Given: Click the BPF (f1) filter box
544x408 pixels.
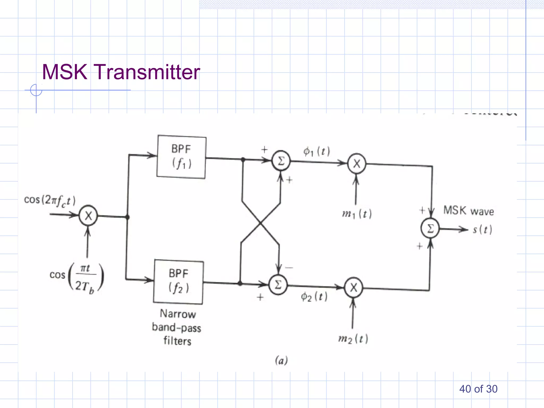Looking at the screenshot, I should pos(181,157).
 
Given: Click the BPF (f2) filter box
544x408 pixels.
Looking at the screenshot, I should pos(178,282).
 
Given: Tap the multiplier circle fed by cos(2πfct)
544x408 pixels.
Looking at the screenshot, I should pos(88,216).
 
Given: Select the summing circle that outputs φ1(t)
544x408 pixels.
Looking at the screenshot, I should pos(281,161).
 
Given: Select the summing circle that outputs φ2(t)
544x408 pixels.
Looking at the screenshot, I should pos(278,285).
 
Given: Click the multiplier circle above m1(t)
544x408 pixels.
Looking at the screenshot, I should pos(356,164).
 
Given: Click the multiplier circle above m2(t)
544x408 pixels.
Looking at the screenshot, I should pos(353,288).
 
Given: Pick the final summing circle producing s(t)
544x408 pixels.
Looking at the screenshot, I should pos(430,228).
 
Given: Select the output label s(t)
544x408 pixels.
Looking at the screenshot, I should pos(482,229).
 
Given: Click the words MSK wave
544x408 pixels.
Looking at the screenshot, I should pos(469,211).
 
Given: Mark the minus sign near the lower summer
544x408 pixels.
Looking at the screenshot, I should pos(289,267).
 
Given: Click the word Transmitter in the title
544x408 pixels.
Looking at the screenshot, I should pos(147,72).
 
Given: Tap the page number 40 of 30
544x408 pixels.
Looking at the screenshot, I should pos(478,389).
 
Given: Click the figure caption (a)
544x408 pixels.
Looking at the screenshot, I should pos(281,360).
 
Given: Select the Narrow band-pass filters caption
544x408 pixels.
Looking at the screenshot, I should pos(177,327).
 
